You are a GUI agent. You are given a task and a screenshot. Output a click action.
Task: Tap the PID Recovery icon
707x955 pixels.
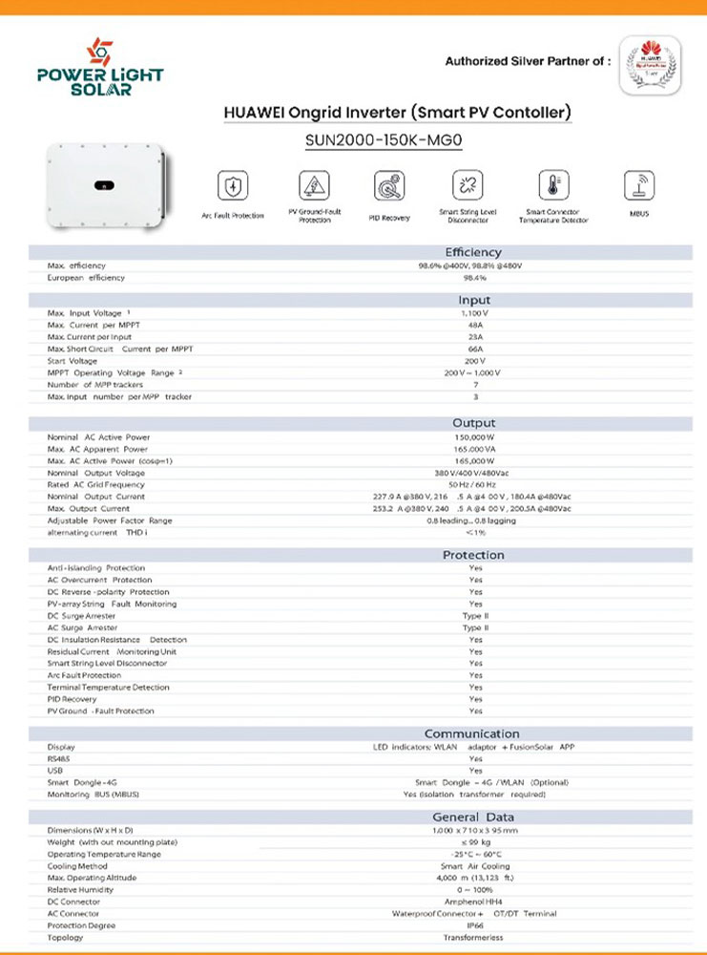point(388,185)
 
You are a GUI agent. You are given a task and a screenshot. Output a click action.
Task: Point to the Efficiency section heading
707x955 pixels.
point(473,252)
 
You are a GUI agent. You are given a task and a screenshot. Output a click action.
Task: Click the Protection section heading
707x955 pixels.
point(473,555)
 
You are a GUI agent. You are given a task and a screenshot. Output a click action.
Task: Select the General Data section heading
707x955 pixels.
point(473,817)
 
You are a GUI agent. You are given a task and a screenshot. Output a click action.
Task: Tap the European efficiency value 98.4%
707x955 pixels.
point(474,278)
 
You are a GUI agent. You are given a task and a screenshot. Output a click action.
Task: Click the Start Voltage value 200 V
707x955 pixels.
point(474,361)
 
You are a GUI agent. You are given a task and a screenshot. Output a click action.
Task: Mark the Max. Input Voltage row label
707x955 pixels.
point(88,313)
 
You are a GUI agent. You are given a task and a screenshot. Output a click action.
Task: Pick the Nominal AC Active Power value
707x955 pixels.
point(474,437)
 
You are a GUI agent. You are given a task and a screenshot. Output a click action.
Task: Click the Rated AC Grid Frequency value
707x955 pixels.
point(474,485)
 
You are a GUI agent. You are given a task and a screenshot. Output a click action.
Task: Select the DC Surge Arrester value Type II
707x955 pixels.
point(474,616)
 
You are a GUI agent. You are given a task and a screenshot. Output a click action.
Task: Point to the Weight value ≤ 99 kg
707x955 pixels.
point(474,842)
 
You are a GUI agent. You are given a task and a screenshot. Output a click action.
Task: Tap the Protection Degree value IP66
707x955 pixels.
point(474,925)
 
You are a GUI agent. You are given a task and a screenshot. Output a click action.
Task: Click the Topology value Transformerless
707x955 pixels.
point(474,938)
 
